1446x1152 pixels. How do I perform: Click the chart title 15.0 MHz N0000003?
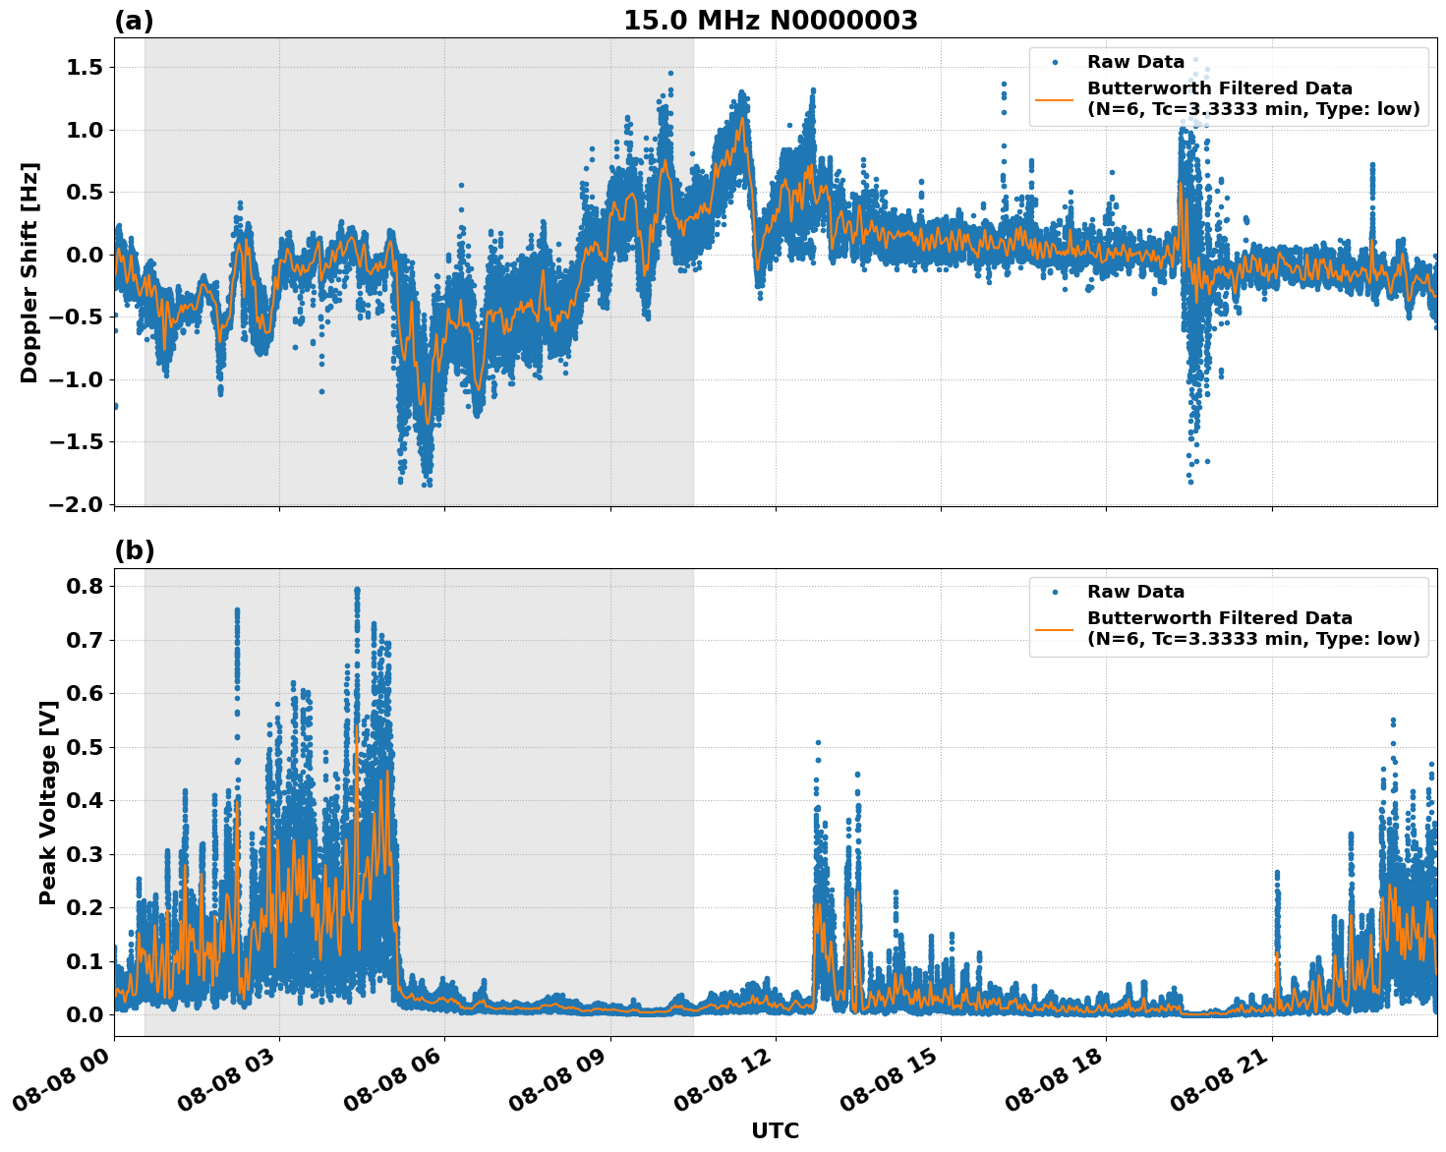tap(770, 21)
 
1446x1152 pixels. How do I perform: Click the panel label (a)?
tap(134, 21)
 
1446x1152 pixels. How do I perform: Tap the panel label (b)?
tap(134, 550)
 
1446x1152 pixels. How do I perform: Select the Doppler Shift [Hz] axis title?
tap(29, 272)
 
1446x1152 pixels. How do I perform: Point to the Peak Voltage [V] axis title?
tap(48, 802)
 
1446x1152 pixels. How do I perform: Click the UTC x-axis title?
tap(775, 1130)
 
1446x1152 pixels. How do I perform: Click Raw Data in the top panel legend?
tap(1135, 62)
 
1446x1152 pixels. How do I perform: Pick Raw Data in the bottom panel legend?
tap(1135, 592)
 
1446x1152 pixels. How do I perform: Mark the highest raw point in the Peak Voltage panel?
tap(357, 590)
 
